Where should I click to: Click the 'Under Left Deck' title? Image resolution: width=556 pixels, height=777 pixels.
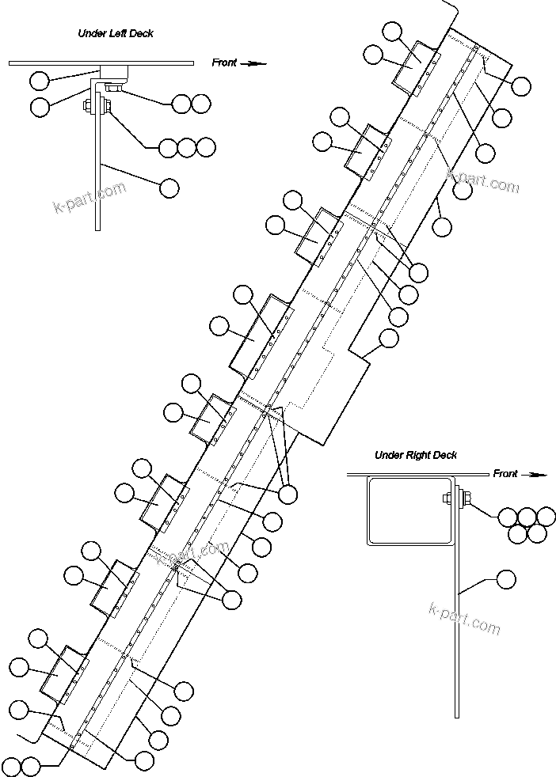(x=115, y=33)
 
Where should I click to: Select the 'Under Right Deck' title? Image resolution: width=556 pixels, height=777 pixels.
(x=415, y=455)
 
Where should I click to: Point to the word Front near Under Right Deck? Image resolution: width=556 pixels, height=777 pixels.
(x=505, y=474)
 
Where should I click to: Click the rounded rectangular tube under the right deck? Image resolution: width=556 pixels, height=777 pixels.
(x=409, y=510)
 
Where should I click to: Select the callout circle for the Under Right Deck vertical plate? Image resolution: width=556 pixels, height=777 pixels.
(x=505, y=579)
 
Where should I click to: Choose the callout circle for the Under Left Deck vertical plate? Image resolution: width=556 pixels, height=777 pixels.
(x=169, y=188)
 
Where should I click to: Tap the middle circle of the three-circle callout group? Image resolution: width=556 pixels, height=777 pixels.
(x=187, y=146)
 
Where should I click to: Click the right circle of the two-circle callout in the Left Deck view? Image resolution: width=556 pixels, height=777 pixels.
(x=201, y=103)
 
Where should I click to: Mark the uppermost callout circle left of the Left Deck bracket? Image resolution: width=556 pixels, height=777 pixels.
(x=39, y=79)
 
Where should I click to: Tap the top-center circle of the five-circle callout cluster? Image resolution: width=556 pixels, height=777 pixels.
(x=526, y=517)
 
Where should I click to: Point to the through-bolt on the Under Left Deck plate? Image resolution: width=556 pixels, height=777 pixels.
(x=97, y=106)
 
